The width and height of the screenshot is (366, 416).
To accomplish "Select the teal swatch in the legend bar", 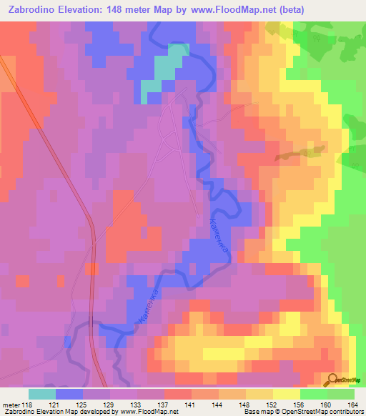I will pyautogui.click(x=42, y=394).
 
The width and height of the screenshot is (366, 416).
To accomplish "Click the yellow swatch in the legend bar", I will pyautogui.click(x=286, y=394).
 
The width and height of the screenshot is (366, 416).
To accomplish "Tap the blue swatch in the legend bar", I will pyautogui.click(x=69, y=394).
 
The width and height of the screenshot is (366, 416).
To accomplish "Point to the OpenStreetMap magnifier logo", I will pyautogui.click(x=333, y=380).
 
